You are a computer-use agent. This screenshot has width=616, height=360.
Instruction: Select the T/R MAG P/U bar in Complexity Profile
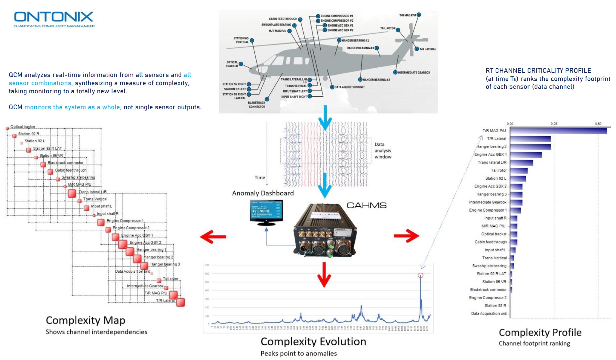(558, 131)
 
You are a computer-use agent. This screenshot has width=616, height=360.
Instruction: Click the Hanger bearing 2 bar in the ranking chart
(530, 147)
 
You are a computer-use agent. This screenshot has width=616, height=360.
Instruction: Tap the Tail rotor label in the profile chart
(499, 170)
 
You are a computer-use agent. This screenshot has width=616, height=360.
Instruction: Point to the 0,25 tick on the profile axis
(554, 124)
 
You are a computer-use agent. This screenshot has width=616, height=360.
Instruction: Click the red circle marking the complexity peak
(420, 275)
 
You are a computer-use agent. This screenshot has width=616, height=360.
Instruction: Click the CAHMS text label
(366, 206)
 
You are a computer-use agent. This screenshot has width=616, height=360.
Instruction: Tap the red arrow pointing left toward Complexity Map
(213, 237)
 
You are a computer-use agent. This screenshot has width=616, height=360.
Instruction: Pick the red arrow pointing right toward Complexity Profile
(406, 236)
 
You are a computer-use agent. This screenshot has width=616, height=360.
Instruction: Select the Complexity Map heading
(85, 320)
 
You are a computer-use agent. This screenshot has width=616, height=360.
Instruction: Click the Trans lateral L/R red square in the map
(72, 194)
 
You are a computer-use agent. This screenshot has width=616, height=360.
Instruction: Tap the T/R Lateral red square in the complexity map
(180, 302)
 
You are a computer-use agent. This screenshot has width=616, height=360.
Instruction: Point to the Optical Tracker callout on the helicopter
(232, 64)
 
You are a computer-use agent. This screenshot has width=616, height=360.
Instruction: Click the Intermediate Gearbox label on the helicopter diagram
(414, 73)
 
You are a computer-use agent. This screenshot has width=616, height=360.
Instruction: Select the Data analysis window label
(383, 151)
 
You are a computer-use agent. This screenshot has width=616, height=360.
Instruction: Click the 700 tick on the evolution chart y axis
(207, 265)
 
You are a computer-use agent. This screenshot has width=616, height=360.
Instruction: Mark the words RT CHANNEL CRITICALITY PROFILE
(538, 71)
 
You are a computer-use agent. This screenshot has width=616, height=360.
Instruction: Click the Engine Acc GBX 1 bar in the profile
(526, 155)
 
